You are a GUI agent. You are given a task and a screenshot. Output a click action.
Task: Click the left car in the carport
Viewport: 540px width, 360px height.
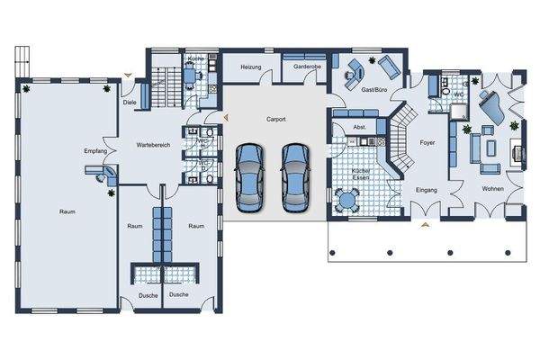[249, 174]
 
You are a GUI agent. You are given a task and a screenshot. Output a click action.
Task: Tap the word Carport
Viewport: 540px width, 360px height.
[276, 119]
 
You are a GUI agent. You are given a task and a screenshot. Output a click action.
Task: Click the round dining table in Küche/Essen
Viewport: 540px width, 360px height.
[347, 198]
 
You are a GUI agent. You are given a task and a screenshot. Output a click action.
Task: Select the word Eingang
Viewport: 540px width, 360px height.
[426, 191]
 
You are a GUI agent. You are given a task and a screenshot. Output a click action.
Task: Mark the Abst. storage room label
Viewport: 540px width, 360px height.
[358, 127]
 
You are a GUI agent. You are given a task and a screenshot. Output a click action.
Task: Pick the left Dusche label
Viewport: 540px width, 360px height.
[148, 295]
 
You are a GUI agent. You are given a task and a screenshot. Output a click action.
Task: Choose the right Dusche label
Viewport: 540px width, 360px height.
[179, 295]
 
